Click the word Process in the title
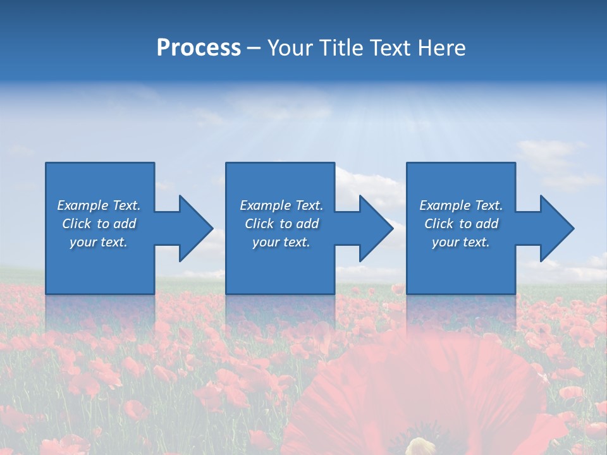pos(199,48)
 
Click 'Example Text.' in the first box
pos(99,205)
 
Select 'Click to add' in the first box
pos(99,224)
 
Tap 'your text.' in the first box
pos(99,242)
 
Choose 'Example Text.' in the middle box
pos(281,205)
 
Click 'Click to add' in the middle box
pos(281,224)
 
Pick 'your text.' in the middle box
pos(281,242)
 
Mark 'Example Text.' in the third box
pos(461,205)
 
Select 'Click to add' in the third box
pos(461,224)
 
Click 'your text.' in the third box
pos(461,242)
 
